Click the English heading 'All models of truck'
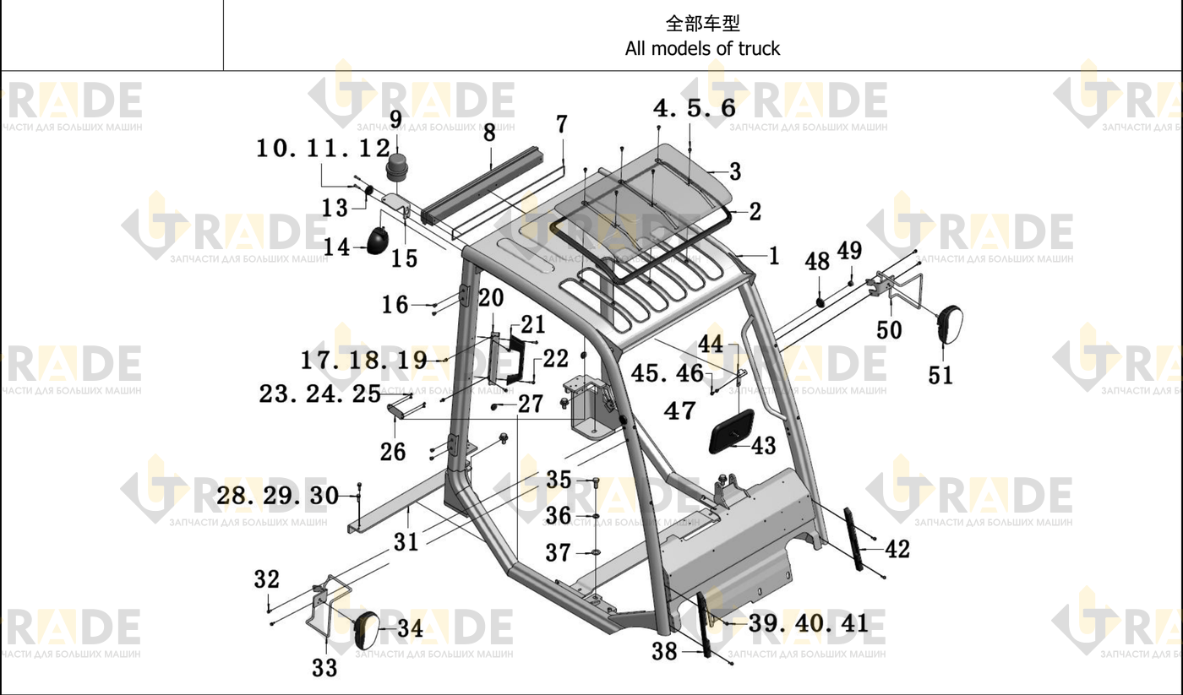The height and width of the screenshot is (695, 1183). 702,48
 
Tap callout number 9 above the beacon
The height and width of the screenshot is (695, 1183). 395,119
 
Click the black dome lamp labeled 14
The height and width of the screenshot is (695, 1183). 377,241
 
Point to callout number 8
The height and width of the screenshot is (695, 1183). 489,133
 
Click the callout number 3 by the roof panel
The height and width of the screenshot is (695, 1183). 735,171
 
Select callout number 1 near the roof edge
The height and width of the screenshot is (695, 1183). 774,256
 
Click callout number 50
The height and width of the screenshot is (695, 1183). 889,330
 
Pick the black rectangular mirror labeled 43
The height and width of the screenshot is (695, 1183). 732,432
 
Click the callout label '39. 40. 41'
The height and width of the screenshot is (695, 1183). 809,623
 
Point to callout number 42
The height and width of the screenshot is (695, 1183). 897,550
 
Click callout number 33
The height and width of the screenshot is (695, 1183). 324,668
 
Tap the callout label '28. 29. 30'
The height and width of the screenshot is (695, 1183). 278,496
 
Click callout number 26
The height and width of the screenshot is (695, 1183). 393,452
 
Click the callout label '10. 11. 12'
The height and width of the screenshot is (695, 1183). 323,149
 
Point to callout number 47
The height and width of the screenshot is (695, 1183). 679,410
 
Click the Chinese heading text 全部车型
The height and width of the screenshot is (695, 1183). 702,23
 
